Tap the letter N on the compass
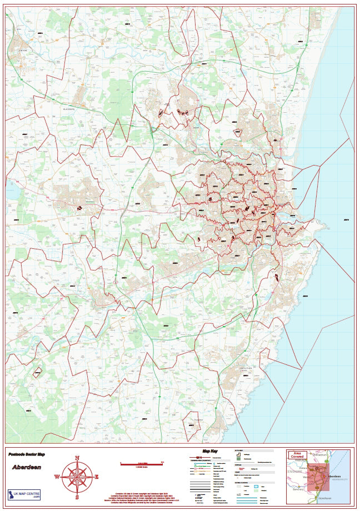77,458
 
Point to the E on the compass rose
96,477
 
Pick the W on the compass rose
57,477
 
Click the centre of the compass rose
77,477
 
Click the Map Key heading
209,450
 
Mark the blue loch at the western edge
11,191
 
